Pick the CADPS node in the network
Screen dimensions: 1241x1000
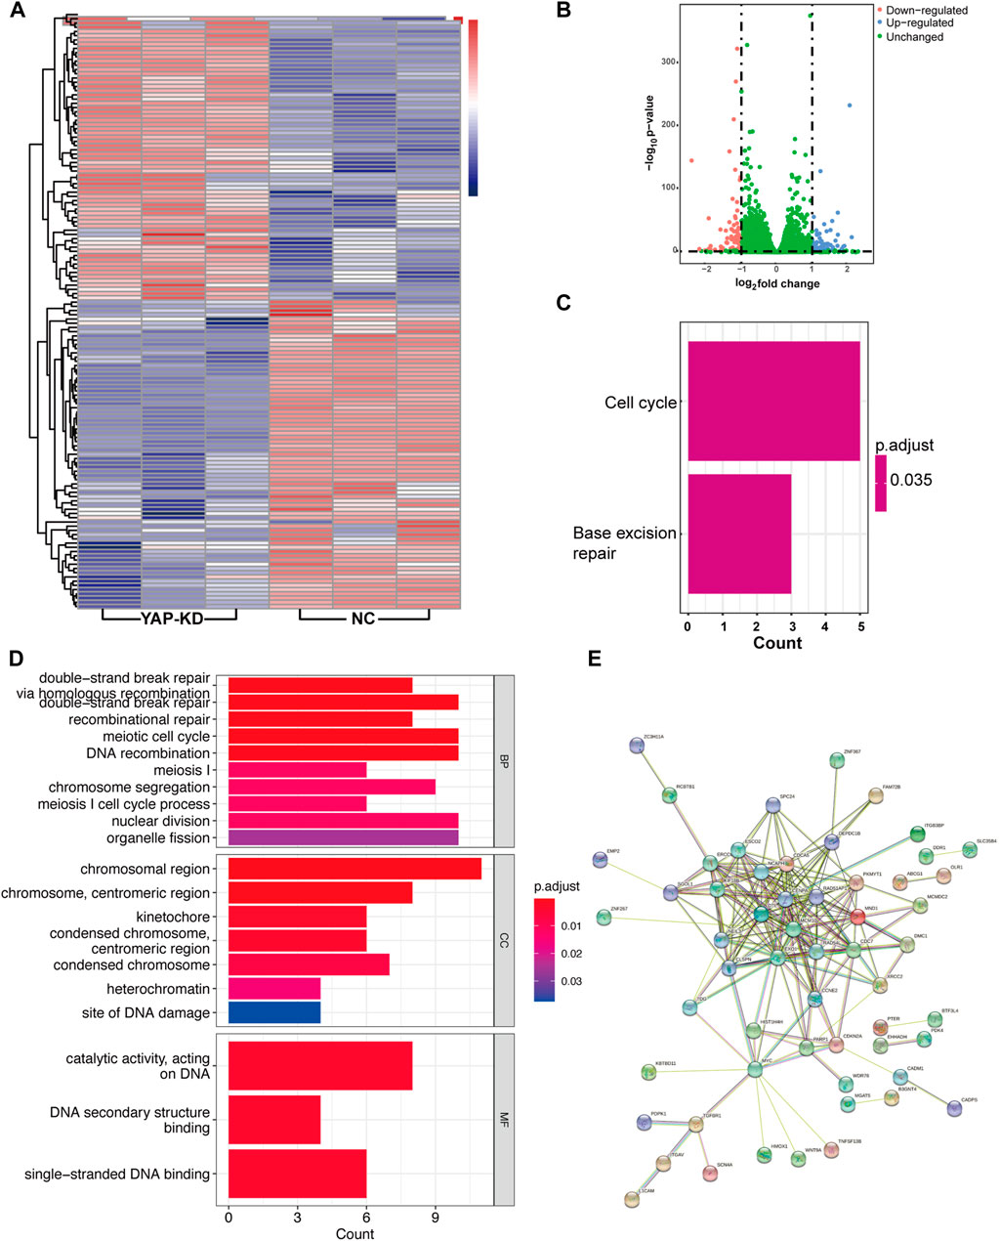(955, 1107)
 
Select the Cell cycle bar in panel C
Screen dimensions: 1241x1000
(773, 401)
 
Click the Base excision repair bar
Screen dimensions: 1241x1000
(739, 534)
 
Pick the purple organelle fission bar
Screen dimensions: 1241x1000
(343, 837)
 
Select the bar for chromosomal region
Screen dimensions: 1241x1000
(354, 869)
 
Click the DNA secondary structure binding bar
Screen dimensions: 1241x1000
(274, 1120)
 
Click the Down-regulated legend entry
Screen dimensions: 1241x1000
(923, 10)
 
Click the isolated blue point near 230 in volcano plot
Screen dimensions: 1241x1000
(850, 106)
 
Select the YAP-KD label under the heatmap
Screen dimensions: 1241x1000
(170, 619)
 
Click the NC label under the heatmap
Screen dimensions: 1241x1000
(363, 619)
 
